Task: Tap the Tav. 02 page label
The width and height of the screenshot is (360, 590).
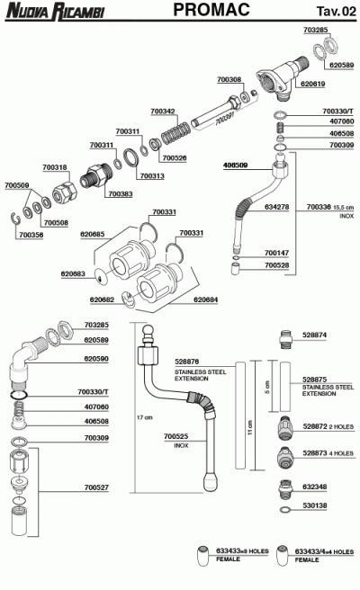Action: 335,11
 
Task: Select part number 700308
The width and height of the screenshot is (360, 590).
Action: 229,79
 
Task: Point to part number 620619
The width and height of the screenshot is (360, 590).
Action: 312,84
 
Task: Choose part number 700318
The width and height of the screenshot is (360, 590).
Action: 55,166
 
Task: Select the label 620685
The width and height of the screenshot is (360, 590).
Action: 93,233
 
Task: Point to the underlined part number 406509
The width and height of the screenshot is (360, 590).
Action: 236,165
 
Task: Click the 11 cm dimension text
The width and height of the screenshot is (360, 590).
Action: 248,433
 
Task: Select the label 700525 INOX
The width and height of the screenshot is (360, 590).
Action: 175,440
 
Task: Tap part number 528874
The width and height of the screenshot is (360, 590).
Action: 315,334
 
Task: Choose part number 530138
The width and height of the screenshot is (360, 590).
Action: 315,506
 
